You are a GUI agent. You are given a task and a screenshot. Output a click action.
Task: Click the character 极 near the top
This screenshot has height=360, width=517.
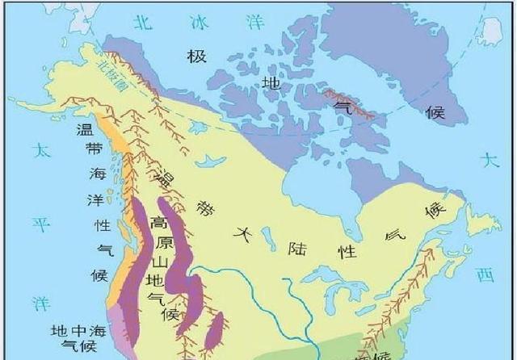196,57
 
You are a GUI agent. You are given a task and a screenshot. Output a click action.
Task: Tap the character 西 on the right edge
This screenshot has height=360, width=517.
485,275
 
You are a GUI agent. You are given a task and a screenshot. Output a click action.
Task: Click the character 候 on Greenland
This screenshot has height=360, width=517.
435,112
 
